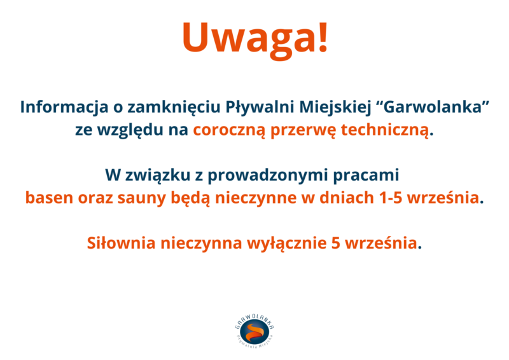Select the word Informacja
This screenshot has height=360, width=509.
(64, 107)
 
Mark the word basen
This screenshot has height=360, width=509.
(50, 198)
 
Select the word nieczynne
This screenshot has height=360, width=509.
(256, 198)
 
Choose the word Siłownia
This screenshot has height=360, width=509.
(122, 243)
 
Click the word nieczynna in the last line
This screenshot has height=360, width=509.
(201, 244)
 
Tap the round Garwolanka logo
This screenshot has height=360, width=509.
(255, 332)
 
